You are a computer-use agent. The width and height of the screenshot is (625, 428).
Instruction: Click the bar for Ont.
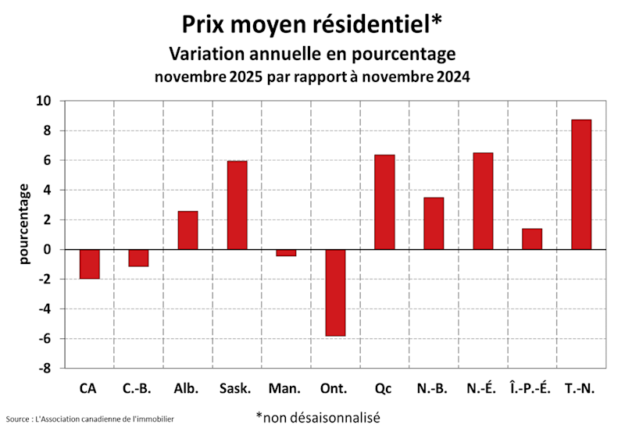click(335, 292)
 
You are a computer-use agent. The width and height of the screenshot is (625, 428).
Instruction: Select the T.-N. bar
click(581, 185)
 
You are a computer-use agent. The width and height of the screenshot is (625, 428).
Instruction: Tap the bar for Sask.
click(237, 205)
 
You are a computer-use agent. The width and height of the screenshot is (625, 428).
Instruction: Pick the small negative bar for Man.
click(286, 252)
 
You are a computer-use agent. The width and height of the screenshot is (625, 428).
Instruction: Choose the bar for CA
click(89, 264)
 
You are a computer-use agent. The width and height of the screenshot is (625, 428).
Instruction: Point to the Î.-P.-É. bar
click(532, 239)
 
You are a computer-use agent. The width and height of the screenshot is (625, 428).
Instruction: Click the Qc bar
click(384, 202)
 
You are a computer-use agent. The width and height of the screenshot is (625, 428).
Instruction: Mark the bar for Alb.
click(187, 230)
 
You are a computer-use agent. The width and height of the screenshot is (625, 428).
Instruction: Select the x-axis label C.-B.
click(137, 388)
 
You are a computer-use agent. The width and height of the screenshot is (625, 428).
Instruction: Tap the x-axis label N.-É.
click(482, 388)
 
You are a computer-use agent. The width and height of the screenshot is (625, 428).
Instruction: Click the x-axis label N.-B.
click(433, 388)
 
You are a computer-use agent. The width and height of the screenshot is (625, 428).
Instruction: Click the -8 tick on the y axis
click(45, 369)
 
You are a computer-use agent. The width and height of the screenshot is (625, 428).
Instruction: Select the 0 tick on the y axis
click(48, 250)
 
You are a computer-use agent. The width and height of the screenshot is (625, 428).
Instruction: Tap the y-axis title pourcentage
click(24, 223)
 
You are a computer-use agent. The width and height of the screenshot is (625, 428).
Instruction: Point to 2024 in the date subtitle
click(453, 78)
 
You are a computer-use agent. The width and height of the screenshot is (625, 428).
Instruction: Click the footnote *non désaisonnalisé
click(317, 417)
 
